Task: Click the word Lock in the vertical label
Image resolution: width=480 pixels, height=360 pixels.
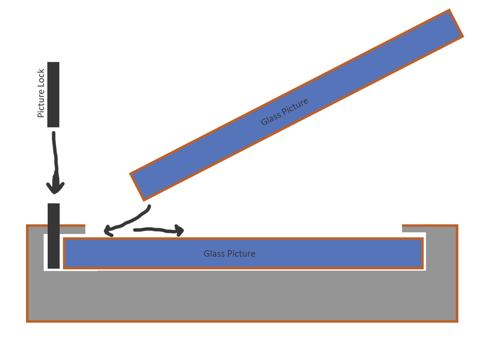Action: click(x=41, y=77)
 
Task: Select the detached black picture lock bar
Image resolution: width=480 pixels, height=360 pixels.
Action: click(x=53, y=95)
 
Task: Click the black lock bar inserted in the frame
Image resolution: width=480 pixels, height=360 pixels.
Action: click(x=54, y=236)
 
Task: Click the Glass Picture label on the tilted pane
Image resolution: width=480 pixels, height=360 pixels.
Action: click(x=284, y=112)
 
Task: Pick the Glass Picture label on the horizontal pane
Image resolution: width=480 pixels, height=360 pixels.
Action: click(x=229, y=254)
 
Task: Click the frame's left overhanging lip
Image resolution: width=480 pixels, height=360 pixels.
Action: click(x=57, y=230)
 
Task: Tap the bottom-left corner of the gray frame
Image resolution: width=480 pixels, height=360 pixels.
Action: click(x=28, y=321)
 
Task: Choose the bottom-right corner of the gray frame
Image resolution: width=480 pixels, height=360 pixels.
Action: click(x=457, y=321)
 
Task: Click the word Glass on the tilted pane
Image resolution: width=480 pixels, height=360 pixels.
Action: click(x=270, y=119)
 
